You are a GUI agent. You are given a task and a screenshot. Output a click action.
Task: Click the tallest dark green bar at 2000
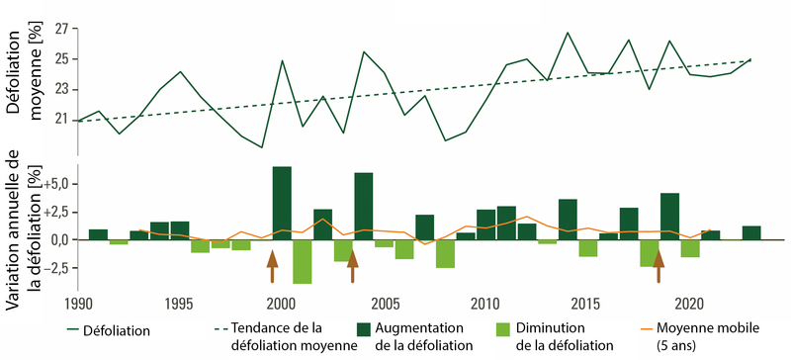pyautogui.click(x=282, y=203)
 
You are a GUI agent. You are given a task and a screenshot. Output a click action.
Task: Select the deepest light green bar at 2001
pyautogui.click(x=303, y=261)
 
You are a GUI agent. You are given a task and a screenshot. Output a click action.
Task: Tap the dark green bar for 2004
pyautogui.click(x=364, y=206)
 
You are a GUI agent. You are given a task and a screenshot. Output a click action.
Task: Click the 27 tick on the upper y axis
pyautogui.click(x=65, y=29)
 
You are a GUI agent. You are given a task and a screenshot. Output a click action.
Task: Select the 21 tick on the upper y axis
pyautogui.click(x=65, y=120)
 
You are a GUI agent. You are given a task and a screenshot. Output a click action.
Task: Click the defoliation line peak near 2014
pyautogui.click(x=568, y=33)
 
